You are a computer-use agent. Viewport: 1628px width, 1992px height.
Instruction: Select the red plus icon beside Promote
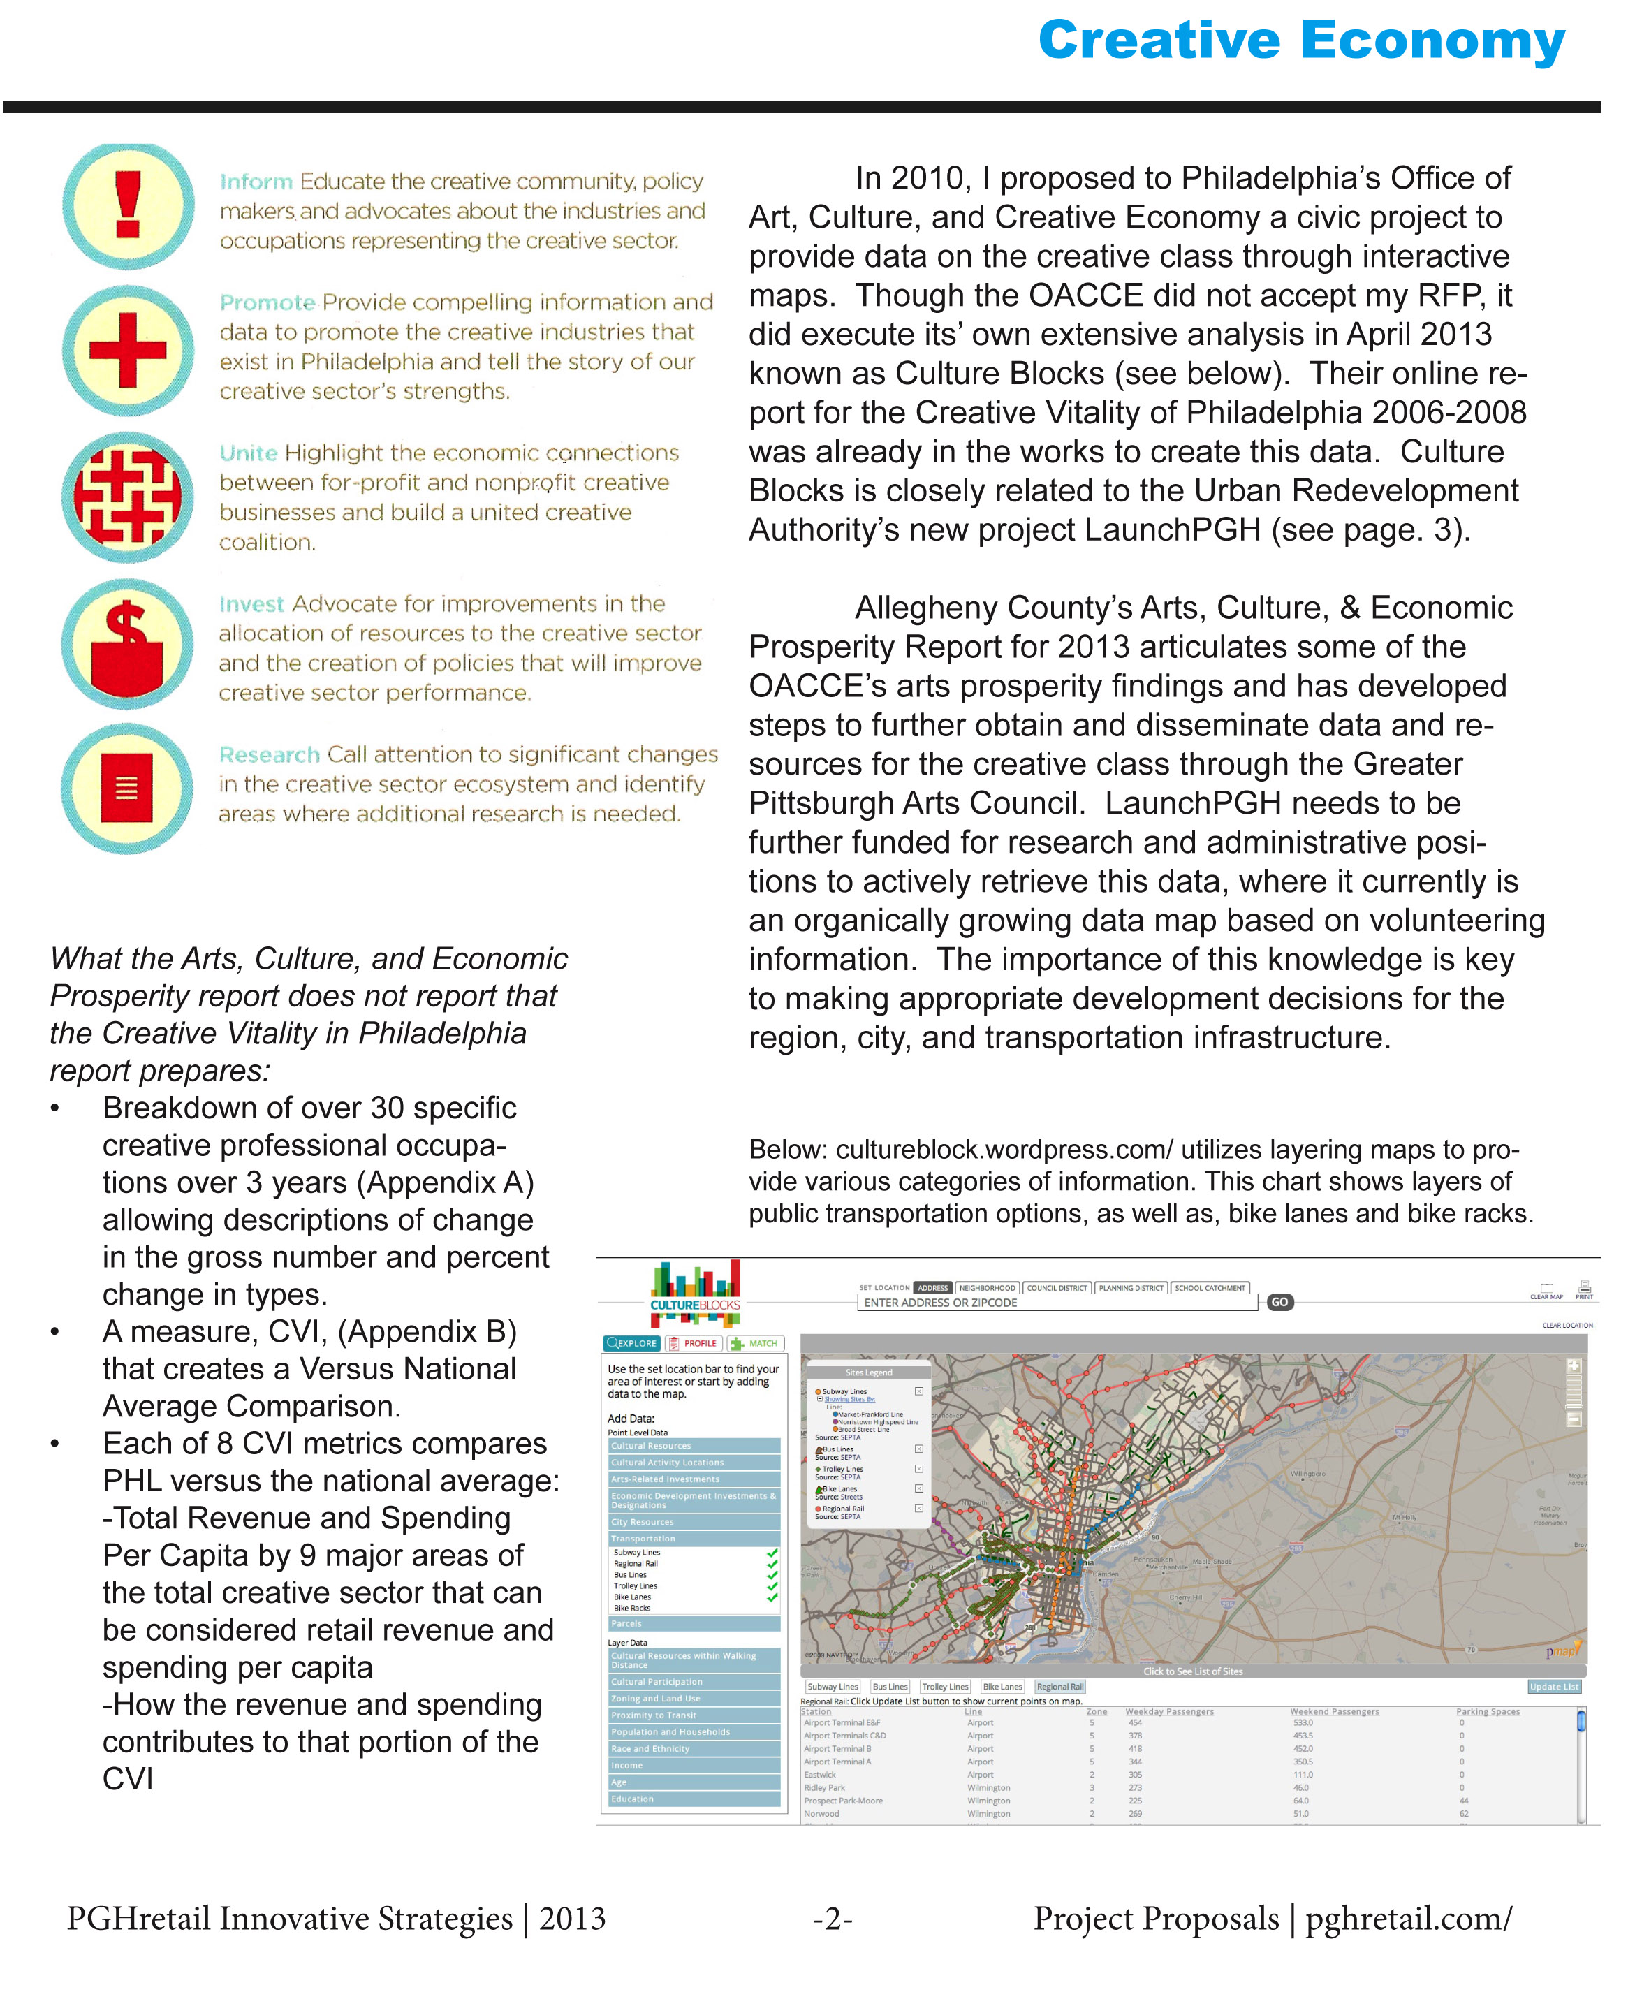tap(128, 350)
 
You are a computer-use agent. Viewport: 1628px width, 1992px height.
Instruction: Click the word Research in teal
tap(269, 755)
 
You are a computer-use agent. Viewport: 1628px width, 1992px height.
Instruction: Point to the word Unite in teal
tap(249, 453)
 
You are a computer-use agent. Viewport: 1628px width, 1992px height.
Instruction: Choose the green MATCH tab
tap(755, 1343)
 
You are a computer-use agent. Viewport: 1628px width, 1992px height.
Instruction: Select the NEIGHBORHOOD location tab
tap(987, 1288)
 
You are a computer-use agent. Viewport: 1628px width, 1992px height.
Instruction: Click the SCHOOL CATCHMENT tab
tap(1210, 1288)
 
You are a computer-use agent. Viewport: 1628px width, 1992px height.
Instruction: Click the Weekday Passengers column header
tap(1168, 1712)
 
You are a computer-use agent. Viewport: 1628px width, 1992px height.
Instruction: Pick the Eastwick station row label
tap(820, 1774)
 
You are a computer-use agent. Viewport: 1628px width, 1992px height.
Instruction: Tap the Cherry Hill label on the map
tap(1185, 1597)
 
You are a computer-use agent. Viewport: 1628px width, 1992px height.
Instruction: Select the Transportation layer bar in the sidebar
tap(694, 1538)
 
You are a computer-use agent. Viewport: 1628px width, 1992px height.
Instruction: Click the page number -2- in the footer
tap(833, 1919)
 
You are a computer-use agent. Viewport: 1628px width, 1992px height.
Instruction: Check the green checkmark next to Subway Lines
tap(772, 1552)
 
